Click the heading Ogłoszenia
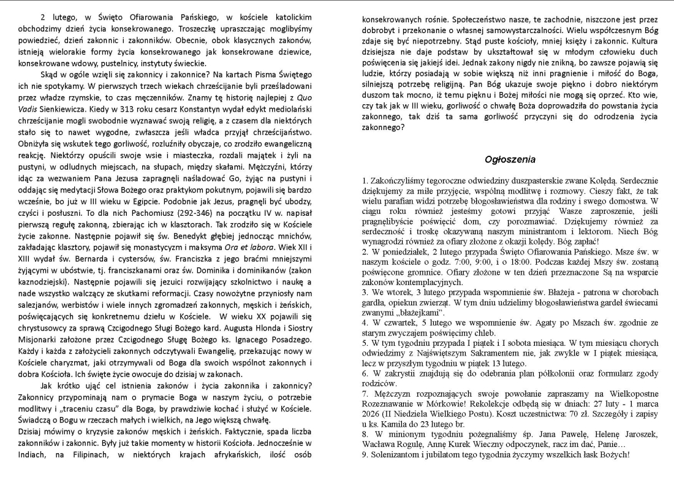pos(510,159)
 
